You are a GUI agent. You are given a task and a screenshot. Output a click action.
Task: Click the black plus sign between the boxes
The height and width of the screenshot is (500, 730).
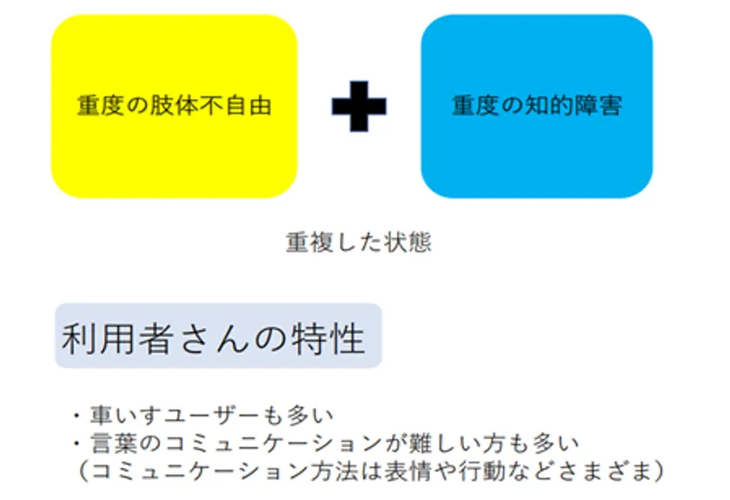[x=359, y=106]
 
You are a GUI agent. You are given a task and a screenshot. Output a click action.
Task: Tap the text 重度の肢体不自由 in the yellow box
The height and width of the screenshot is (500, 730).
[x=174, y=106]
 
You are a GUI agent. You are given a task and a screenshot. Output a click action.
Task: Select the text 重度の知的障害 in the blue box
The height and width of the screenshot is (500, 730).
[x=537, y=106]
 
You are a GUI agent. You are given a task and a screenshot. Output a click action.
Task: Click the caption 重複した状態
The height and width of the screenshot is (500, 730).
[x=358, y=242]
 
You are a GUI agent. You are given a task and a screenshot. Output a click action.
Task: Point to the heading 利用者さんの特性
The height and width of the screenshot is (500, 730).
[x=213, y=339]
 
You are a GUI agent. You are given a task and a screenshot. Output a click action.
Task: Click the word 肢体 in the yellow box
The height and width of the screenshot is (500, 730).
[x=174, y=106]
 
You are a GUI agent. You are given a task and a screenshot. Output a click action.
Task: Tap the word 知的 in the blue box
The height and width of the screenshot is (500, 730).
[x=549, y=106]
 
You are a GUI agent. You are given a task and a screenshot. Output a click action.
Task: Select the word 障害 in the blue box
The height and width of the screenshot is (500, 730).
[x=598, y=106]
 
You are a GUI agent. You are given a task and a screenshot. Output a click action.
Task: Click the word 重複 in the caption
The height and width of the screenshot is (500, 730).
[x=309, y=242]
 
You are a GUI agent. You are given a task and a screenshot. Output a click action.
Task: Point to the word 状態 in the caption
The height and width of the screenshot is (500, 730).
[x=408, y=242]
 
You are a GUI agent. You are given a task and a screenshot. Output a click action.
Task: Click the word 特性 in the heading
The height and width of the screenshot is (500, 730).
[x=328, y=339]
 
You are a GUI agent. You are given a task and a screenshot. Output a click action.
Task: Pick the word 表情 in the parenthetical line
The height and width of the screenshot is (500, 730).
[x=408, y=471]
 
